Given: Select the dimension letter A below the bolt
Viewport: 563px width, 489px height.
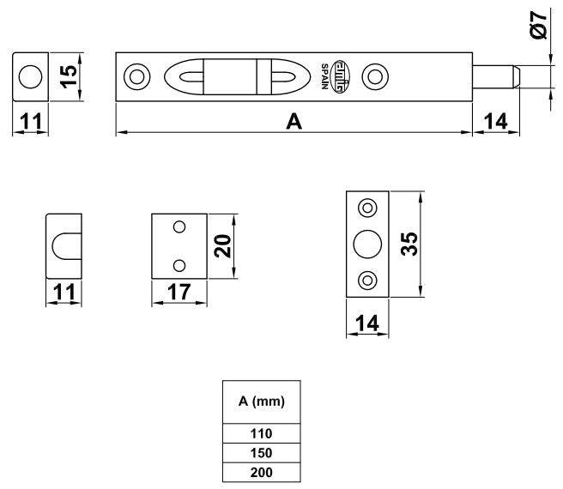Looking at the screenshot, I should pyautogui.click(x=294, y=122).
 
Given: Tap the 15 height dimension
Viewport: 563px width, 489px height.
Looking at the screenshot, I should pyautogui.click(x=69, y=75).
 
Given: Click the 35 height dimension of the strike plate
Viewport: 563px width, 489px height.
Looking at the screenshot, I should pyautogui.click(x=409, y=244).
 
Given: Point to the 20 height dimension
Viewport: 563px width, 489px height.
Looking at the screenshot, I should pyautogui.click(x=221, y=244).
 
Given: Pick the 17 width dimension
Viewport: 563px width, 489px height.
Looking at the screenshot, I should pyautogui.click(x=179, y=292).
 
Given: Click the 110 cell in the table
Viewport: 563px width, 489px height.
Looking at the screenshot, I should pyautogui.click(x=261, y=434).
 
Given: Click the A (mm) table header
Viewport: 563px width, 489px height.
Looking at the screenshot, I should pyautogui.click(x=261, y=401).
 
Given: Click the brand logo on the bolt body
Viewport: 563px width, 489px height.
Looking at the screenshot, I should pyautogui.click(x=341, y=75).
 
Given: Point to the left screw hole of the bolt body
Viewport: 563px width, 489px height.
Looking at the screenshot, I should pyautogui.click(x=136, y=75).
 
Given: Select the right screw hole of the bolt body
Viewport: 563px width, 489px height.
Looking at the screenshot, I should pyautogui.click(x=374, y=75).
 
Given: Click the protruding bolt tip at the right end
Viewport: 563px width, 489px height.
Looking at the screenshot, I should pyautogui.click(x=498, y=75).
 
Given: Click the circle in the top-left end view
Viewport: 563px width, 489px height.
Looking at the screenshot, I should pyautogui.click(x=31, y=75).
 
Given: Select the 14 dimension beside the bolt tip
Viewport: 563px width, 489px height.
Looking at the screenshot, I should pyautogui.click(x=494, y=122).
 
